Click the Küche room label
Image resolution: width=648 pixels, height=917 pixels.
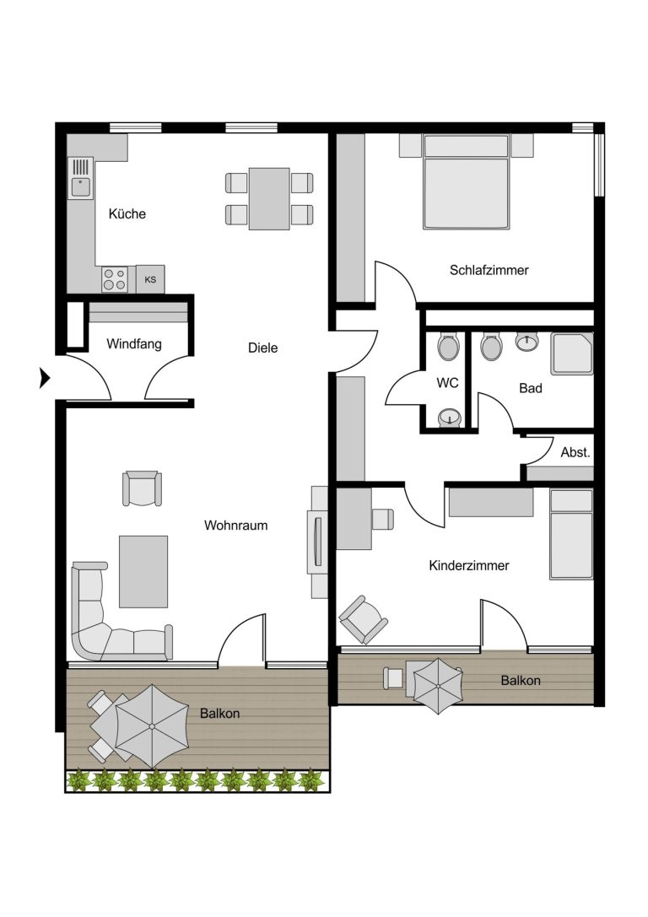(127, 213)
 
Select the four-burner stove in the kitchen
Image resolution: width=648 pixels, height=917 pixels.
(114, 279)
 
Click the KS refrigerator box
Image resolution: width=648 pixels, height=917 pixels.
(150, 279)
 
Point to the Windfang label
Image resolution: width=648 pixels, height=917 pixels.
(134, 344)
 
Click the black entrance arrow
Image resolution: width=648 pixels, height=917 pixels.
(45, 378)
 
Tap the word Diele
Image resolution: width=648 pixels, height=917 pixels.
(262, 348)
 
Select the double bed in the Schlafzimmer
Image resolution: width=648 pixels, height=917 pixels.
(466, 182)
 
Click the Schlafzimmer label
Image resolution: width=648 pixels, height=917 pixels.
(489, 270)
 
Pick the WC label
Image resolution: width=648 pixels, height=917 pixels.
(447, 383)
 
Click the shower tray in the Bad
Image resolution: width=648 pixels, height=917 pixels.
(571, 353)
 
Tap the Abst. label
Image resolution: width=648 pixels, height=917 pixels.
(575, 452)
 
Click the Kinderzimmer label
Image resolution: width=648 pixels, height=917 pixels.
(469, 565)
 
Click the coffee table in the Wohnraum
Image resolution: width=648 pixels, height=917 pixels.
(143, 571)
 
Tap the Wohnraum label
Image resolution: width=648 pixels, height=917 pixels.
(235, 526)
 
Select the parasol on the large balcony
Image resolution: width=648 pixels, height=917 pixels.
(152, 726)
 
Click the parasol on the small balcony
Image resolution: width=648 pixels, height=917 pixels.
(438, 685)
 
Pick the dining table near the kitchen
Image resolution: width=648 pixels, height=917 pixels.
(269, 199)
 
